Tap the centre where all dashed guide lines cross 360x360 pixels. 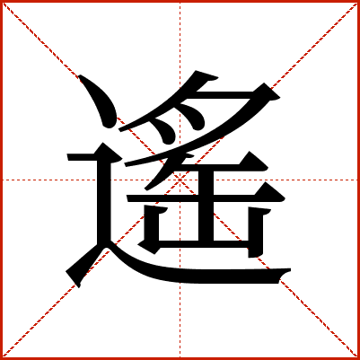point(180,180)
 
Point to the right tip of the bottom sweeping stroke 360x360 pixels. point(291,269)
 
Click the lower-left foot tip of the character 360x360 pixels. point(78,287)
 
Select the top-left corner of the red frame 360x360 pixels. point(1,1)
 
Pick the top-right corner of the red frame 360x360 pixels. point(359,1)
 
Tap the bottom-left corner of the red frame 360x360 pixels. point(1,359)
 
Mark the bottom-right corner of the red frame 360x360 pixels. point(359,359)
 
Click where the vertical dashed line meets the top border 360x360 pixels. point(180,2)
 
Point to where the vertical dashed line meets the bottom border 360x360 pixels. point(180,358)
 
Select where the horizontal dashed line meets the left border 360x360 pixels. point(2,180)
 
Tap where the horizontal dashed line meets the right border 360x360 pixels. point(358,180)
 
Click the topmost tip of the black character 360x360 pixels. point(196,71)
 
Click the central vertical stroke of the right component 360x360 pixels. point(206,206)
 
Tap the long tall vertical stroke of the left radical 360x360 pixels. point(104,200)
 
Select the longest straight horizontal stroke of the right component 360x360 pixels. point(206,198)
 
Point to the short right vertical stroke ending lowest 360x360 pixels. point(256,232)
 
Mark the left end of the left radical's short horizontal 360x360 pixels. point(67,157)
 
